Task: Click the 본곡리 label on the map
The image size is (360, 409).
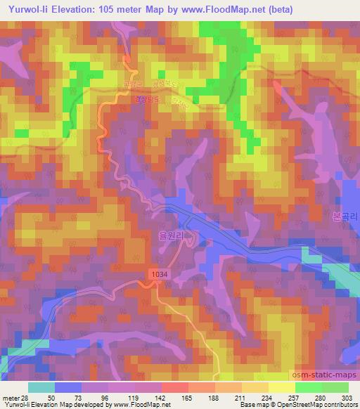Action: click(x=344, y=218)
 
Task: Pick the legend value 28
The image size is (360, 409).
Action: click(x=25, y=397)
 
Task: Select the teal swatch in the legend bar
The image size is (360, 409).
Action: click(x=41, y=387)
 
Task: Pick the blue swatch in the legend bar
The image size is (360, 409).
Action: click(x=69, y=387)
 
